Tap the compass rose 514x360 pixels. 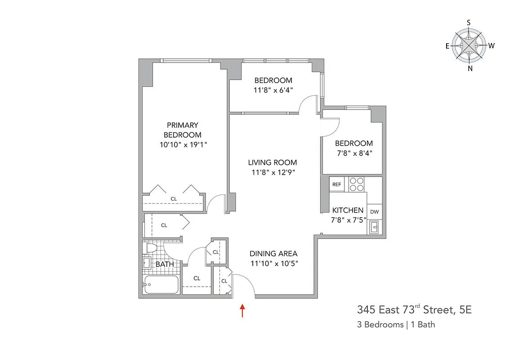pyautogui.click(x=469, y=45)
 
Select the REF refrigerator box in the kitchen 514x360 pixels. pyautogui.click(x=336, y=184)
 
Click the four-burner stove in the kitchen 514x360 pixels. pyautogui.click(x=357, y=184)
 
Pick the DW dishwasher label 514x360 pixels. pyautogui.click(x=374, y=212)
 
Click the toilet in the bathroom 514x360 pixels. pyautogui.click(x=151, y=248)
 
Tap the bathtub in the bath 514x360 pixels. pyautogui.click(x=161, y=284)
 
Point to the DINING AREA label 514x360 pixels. pyautogui.click(x=273, y=253)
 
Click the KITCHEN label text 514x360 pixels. pyautogui.click(x=348, y=210)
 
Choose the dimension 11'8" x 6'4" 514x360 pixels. pyautogui.click(x=273, y=90)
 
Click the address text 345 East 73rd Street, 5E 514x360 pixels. pyautogui.click(x=414, y=310)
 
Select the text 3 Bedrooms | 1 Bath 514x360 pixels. pyautogui.click(x=396, y=324)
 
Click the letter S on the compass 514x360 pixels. pyautogui.click(x=469, y=22)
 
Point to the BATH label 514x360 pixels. pyautogui.click(x=165, y=264)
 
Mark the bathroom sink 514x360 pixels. pyautogui.click(x=146, y=263)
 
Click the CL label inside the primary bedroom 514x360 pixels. pyautogui.click(x=174, y=198)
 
